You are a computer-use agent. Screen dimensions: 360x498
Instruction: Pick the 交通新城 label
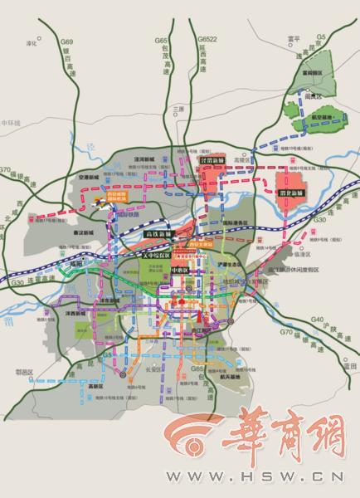click(x=90, y=176)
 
